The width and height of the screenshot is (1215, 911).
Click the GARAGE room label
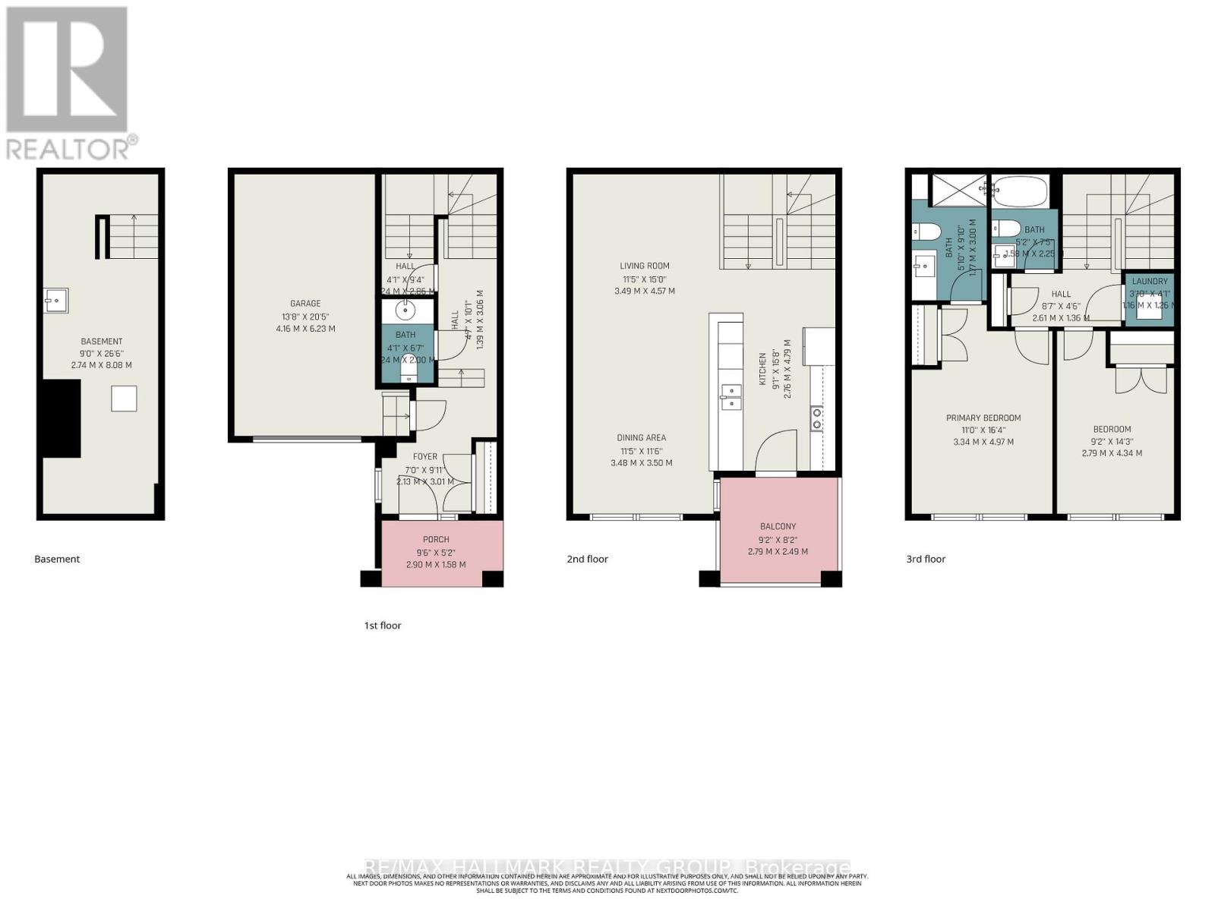(305, 304)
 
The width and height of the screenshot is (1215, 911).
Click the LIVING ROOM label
(644, 266)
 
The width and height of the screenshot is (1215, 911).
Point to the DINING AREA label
(641, 438)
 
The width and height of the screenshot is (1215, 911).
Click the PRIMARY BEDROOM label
(983, 418)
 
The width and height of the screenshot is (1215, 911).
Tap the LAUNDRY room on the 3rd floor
(1149, 299)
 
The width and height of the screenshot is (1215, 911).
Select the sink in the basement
(55, 301)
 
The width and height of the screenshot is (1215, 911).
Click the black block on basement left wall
(61, 418)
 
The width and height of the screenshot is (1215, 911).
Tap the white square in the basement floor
(124, 399)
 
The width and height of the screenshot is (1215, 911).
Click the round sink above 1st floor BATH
(406, 310)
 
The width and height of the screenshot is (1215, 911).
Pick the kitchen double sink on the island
(731, 397)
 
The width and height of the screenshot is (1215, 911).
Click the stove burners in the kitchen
(817, 419)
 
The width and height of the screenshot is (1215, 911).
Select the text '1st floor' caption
(382, 626)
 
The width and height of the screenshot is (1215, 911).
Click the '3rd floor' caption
(926, 559)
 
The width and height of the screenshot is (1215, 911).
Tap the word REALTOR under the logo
(68, 148)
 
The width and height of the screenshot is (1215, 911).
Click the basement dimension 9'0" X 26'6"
(101, 353)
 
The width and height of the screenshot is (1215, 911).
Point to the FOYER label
(424, 456)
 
